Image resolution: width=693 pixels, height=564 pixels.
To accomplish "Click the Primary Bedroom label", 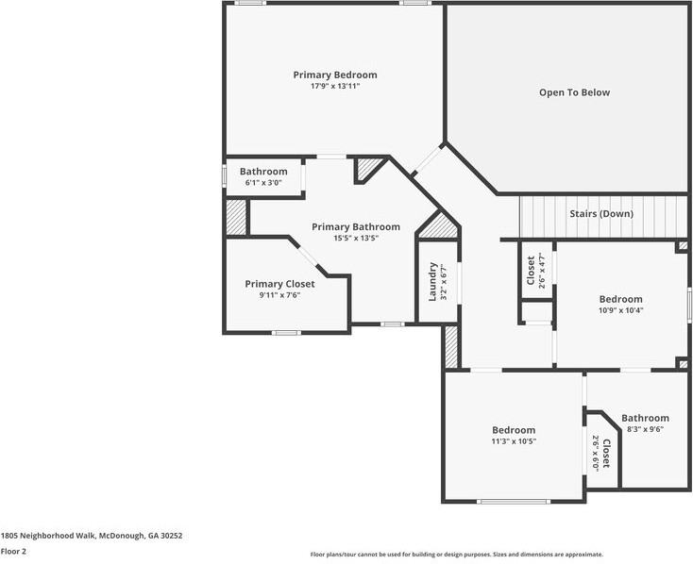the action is (335, 75).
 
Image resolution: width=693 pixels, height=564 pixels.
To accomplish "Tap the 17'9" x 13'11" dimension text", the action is (335, 86).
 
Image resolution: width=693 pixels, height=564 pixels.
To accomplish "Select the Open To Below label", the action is (574, 92).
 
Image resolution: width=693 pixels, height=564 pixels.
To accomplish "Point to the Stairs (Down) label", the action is (601, 214).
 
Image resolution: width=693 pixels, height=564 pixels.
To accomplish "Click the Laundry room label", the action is (432, 282).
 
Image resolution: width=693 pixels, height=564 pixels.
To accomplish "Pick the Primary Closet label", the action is (279, 284).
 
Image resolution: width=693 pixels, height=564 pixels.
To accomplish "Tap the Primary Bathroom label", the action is (356, 227).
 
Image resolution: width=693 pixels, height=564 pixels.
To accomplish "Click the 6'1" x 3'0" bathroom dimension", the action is (263, 182).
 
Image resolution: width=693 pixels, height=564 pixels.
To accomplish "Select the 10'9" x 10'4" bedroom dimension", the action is (620, 310).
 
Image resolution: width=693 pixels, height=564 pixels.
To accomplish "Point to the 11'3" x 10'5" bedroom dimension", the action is (514, 440).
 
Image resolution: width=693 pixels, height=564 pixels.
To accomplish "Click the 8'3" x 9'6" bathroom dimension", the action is (645, 429).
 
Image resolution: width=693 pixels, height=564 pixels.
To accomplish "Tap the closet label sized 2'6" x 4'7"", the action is (531, 271).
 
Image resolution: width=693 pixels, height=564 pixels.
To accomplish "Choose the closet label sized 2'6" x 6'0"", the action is (606, 453).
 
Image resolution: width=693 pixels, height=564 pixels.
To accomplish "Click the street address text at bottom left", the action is (92, 536).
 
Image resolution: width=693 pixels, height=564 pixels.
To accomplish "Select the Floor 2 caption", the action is (13, 551).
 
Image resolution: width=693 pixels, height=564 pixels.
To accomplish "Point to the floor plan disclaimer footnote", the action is (457, 555).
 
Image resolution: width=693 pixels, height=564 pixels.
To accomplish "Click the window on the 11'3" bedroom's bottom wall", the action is (514, 502).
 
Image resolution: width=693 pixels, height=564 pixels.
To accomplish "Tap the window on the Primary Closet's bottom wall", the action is (286, 333).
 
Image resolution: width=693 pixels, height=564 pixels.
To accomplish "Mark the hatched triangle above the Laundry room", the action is (438, 226).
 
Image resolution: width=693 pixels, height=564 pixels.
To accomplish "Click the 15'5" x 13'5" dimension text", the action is (356, 238).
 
